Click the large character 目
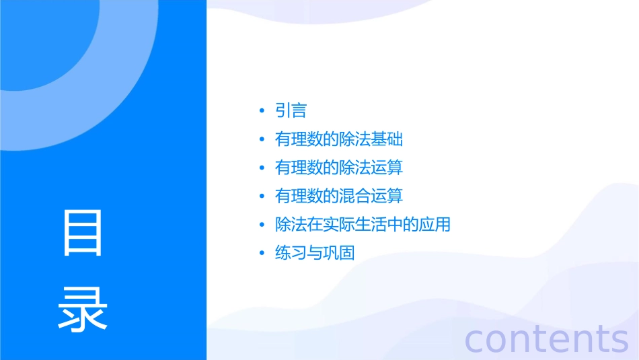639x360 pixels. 83,233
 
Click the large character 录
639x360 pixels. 83,309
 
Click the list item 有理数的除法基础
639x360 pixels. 339,139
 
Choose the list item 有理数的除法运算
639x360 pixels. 339,168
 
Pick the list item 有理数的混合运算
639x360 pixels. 339,196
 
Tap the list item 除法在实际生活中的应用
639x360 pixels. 363,224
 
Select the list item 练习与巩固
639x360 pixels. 315,253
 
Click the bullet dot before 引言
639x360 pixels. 262,111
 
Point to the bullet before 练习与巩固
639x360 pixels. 262,253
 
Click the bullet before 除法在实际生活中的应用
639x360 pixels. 262,225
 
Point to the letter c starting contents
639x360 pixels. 476,340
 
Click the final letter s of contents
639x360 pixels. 618,340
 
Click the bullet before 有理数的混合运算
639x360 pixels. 262,196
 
